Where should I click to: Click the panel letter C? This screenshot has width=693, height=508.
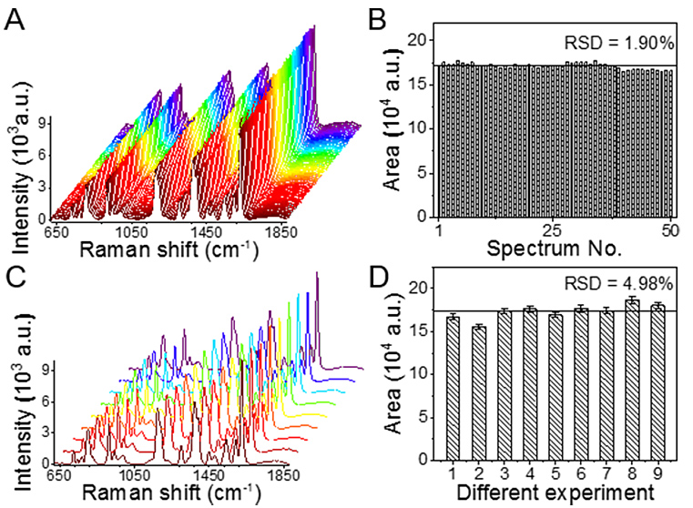click(15, 272)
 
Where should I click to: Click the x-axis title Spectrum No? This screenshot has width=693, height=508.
click(555, 248)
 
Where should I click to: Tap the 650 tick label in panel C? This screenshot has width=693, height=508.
click(58, 475)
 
